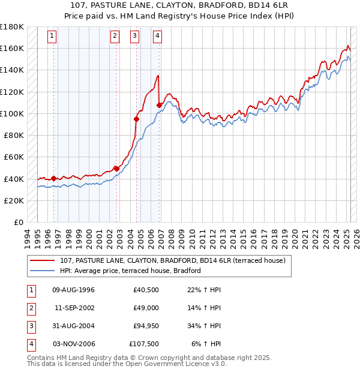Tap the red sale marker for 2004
click(136, 119)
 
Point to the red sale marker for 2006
click(159, 105)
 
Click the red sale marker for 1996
click(53, 178)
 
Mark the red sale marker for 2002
click(116, 169)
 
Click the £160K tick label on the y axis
click(12, 48)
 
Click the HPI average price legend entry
click(130, 271)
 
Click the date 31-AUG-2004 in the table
click(73, 327)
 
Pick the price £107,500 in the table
click(145, 344)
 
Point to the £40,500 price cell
click(146, 290)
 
